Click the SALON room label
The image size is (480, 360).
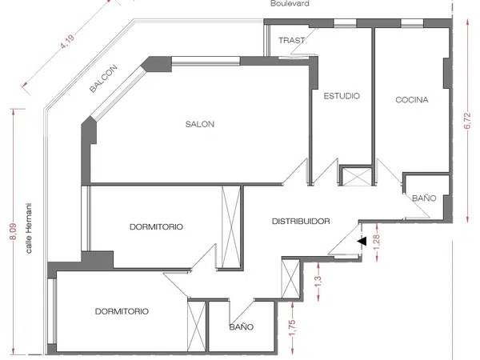click(199, 124)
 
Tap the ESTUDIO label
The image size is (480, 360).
click(342, 96)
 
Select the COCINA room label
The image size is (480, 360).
click(412, 100)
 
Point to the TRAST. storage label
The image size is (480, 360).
click(292, 41)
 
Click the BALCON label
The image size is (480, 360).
click(103, 78)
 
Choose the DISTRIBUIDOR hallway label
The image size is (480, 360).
click(301, 221)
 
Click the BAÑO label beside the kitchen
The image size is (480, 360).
click(424, 198)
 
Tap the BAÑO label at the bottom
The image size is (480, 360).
click(242, 327)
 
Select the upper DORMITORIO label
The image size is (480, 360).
click(156, 227)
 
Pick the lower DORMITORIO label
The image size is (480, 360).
click(122, 311)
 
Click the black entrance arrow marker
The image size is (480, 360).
click(362, 241)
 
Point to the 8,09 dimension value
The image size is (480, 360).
click(13, 232)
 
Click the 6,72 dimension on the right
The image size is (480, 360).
click(467, 121)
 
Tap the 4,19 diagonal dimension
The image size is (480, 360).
click(67, 42)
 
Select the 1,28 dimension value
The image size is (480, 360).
click(377, 242)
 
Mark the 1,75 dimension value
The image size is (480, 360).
click(292, 327)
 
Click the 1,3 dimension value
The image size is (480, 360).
click(318, 282)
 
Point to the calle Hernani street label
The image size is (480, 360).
click(29, 228)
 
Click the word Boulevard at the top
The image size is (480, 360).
click(290, 4)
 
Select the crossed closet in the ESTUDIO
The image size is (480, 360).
click(356, 177)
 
